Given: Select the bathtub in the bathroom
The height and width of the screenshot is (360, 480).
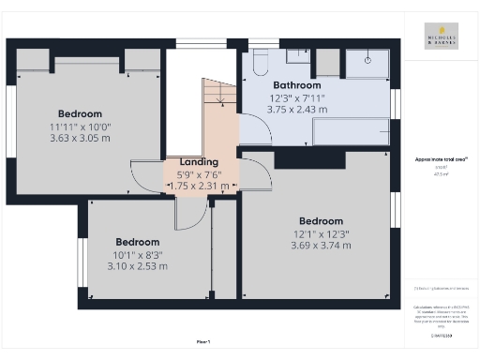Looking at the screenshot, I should point(351,130).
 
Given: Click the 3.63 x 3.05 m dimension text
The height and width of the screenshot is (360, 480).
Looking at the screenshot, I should point(79,139).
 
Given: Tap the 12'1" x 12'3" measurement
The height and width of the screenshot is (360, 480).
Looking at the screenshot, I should point(321,233).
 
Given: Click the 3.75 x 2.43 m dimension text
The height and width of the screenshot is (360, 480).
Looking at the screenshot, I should point(298,109).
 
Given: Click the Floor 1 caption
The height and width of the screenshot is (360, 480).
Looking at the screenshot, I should point(202,339).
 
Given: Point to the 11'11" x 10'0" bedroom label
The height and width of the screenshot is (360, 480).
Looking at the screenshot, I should point(79,127).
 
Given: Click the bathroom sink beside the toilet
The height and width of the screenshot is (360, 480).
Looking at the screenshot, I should point(326,61).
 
